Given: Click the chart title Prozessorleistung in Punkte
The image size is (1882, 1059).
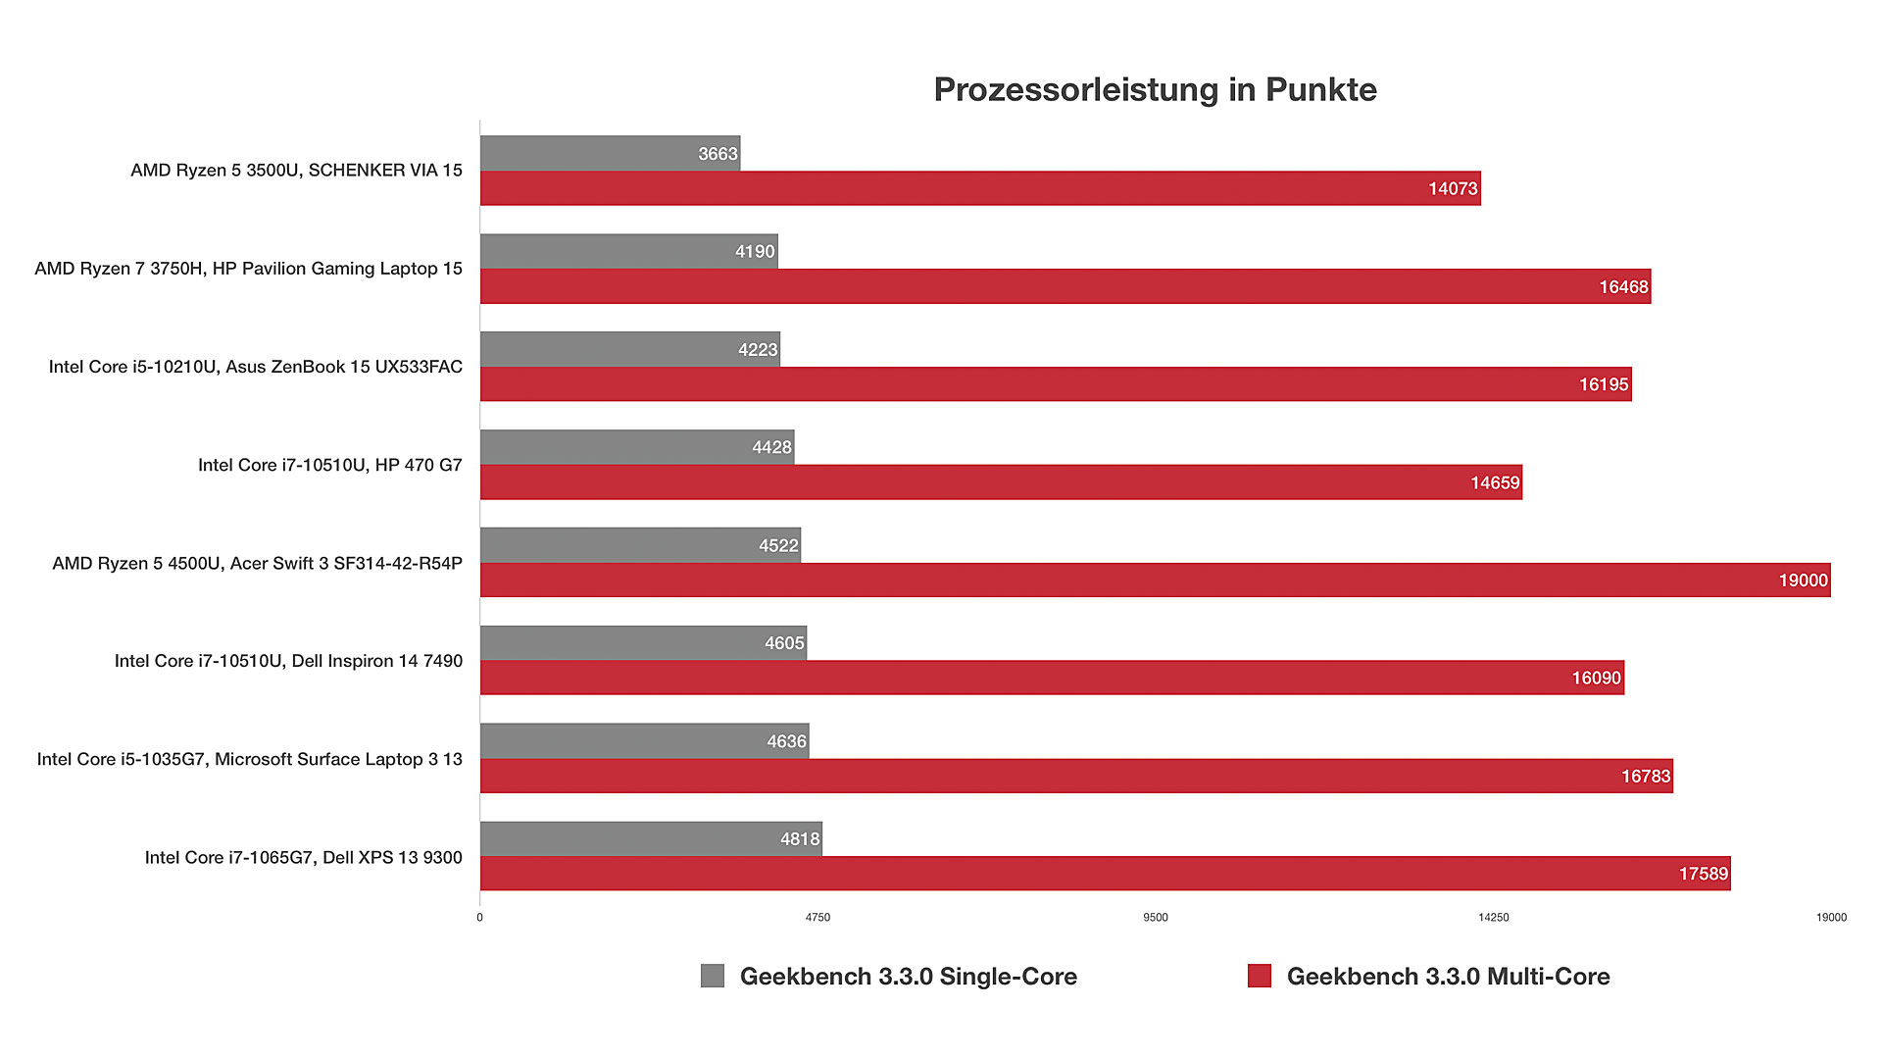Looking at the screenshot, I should pyautogui.click(x=1155, y=89).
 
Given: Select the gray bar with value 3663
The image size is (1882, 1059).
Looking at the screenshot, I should pyautogui.click(x=610, y=154).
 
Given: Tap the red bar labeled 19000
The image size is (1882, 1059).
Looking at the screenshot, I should pyautogui.click(x=1155, y=580).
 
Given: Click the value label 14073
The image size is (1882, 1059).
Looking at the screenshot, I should pyautogui.click(x=1453, y=189).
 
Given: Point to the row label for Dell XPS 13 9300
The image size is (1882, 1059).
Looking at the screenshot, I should pyautogui.click(x=303, y=857).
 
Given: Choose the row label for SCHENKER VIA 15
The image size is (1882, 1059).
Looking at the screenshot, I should pyautogui.click(x=296, y=171).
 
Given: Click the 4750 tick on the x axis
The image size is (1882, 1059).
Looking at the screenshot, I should pyautogui.click(x=817, y=918).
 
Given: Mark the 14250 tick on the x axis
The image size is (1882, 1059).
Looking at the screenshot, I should pyautogui.click(x=1493, y=918).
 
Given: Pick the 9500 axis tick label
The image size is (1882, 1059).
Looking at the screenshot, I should pyautogui.click(x=1156, y=918).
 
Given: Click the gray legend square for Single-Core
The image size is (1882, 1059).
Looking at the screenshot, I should pyautogui.click(x=713, y=976).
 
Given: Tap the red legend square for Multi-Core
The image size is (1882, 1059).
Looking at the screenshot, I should pyautogui.click(x=1260, y=976).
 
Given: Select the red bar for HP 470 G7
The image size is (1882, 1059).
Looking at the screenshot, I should pyautogui.click(x=1000, y=482).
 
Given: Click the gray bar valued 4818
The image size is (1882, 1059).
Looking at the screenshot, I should pyautogui.click(x=651, y=839).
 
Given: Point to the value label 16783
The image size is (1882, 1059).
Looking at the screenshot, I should pyautogui.click(x=1645, y=777).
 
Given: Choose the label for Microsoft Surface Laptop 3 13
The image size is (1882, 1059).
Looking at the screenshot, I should pyautogui.click(x=249, y=759).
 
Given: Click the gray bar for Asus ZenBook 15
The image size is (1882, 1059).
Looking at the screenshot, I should pyautogui.click(x=629, y=350).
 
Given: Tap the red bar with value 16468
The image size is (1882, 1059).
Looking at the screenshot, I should pyautogui.click(x=1065, y=287).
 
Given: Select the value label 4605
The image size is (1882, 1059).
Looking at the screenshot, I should pyautogui.click(x=784, y=643).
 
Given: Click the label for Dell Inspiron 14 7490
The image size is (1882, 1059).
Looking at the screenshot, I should pyautogui.click(x=288, y=661).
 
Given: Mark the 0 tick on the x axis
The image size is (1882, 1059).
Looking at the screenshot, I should pyautogui.click(x=479, y=918).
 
